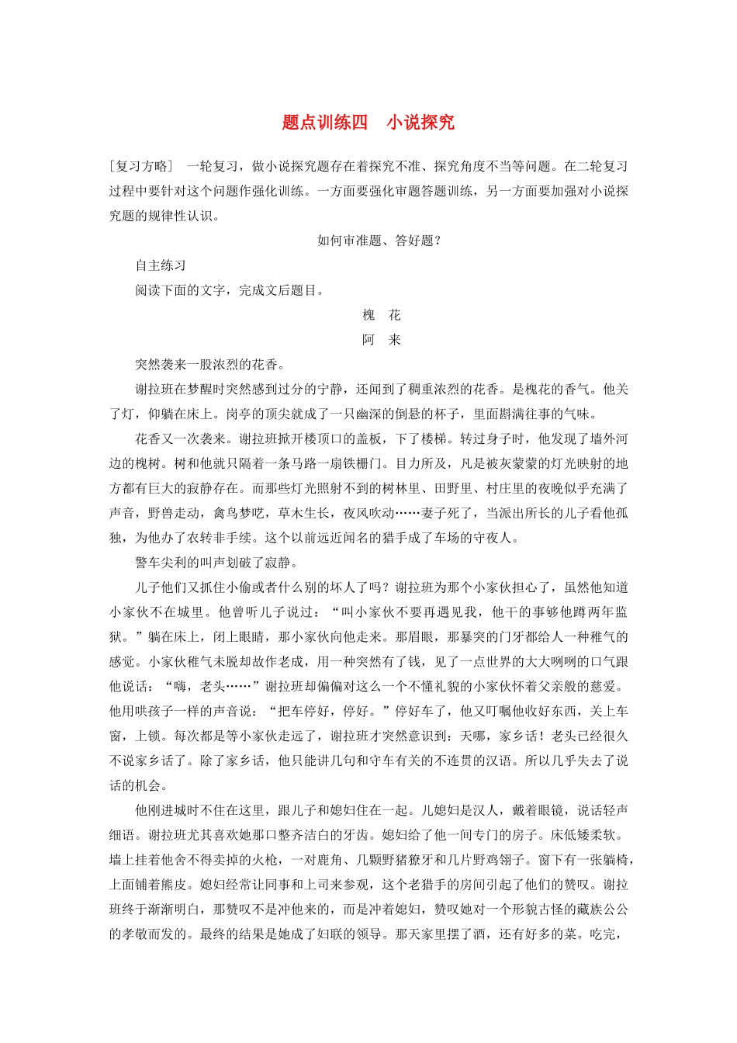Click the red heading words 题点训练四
[x=324, y=123]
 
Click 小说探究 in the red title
[x=420, y=123]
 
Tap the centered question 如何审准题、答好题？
[x=379, y=241]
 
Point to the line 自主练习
[x=161, y=265]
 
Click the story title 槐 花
[x=382, y=315]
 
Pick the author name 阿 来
[x=382, y=340]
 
